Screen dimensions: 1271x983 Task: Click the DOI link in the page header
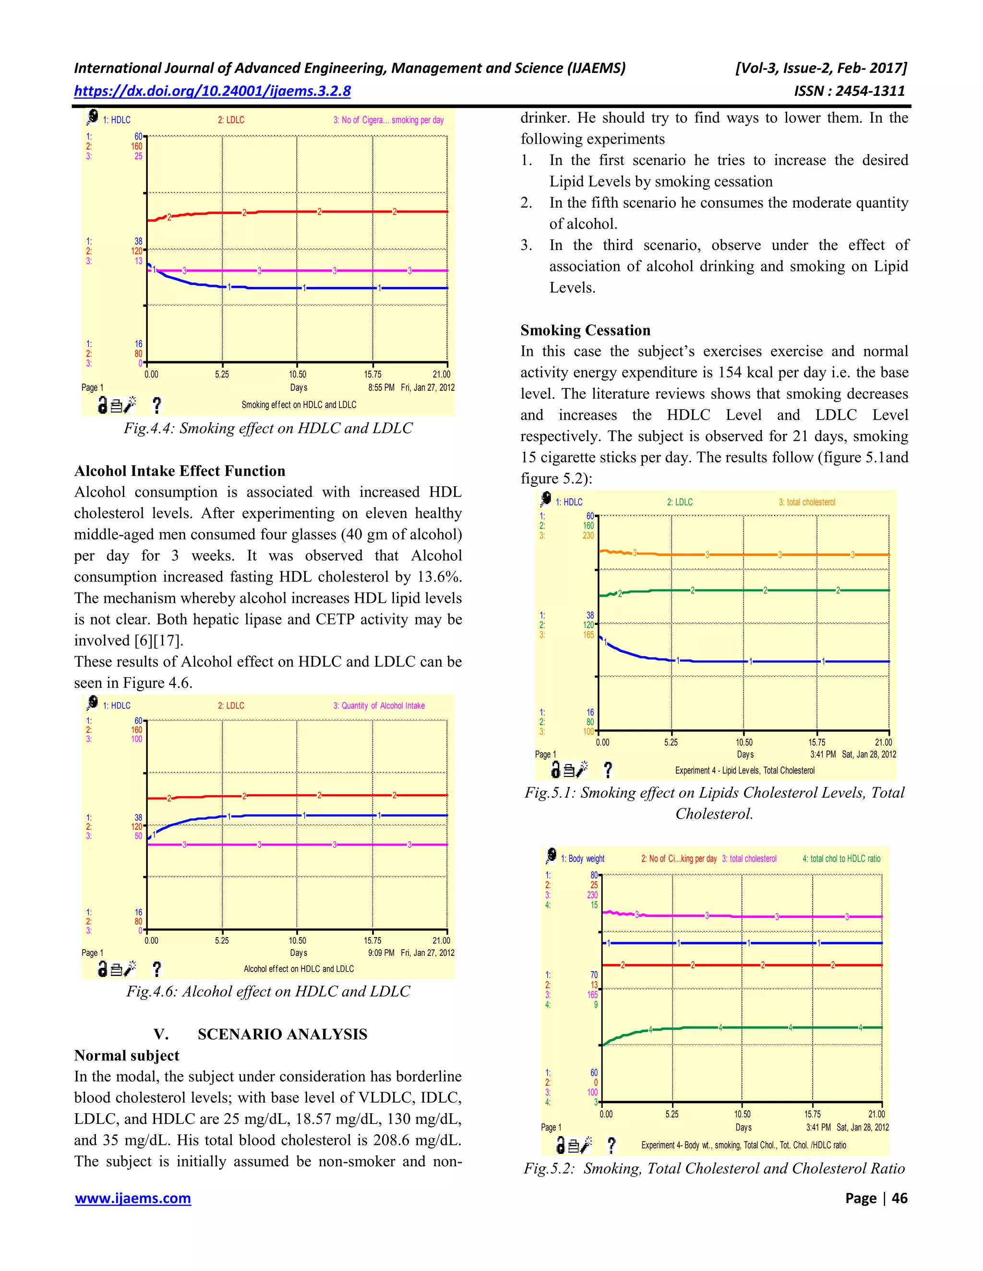pos(212,91)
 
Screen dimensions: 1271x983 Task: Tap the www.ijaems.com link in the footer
pos(133,1198)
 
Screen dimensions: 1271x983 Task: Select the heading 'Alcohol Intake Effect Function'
pos(180,471)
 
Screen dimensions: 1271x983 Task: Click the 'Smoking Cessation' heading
pos(585,330)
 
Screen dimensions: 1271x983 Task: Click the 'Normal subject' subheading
pos(126,1055)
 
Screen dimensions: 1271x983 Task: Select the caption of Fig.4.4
pos(268,428)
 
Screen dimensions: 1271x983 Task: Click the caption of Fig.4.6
pos(268,992)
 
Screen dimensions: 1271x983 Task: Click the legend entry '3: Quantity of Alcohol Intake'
pos(379,706)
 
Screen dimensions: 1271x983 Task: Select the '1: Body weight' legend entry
pos(582,859)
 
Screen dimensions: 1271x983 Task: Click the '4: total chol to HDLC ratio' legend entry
pos(841,859)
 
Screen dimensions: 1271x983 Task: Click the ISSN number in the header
pos(849,91)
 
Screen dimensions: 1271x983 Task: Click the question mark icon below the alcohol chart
pos(156,969)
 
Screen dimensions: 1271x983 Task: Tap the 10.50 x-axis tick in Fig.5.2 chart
pos(742,1114)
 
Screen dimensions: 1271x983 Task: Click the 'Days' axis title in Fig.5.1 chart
pos(745,754)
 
